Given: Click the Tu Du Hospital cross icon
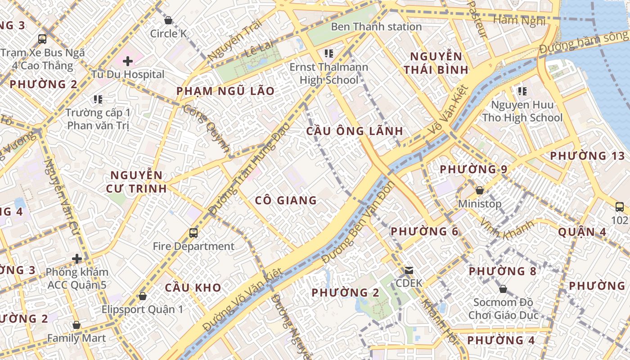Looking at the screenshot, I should pos(128,61).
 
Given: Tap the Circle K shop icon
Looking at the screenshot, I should pos(168,20).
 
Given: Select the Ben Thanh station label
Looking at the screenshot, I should pos(376,27).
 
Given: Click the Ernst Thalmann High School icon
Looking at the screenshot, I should pos(328,54).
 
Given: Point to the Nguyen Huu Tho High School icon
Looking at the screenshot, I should pos(522,91).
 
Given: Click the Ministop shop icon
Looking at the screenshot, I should pos(480,190).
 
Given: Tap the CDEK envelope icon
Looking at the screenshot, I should pos(409,270).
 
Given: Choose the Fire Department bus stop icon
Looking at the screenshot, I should pos(193,233).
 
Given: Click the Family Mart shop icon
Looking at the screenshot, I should pos(76,325).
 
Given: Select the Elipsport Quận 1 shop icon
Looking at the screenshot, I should pos(143,296).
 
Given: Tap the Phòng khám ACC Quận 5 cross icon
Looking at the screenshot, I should pos(77,259).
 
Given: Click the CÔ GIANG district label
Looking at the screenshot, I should pos(286,200).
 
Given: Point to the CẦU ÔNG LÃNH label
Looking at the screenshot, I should pos(354,131).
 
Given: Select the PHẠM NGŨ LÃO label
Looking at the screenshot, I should pos(225,91).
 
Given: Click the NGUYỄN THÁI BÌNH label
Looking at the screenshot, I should pos(436,63).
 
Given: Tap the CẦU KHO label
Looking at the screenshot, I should pos(193,288).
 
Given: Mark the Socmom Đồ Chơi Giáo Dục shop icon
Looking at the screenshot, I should pos(503,288).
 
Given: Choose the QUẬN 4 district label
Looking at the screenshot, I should pos(582,232).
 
